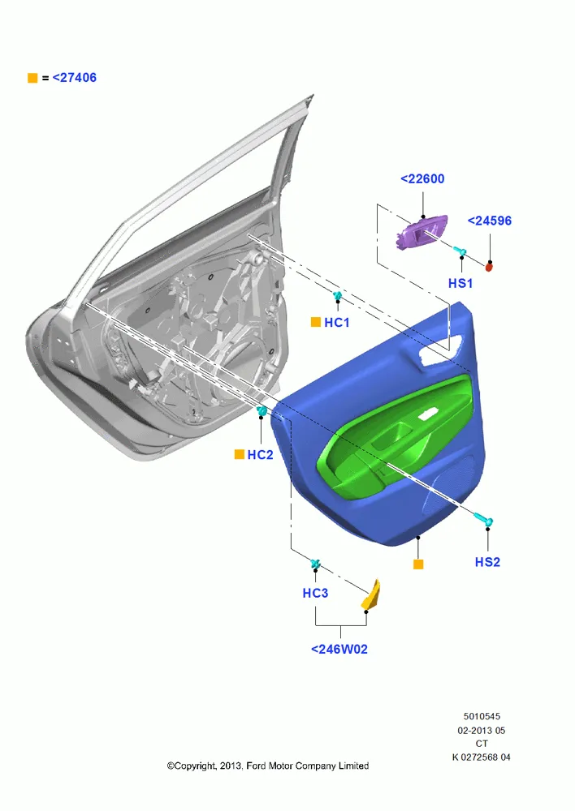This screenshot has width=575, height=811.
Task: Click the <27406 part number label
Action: coord(75,78)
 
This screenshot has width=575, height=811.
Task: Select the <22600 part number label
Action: coord(422,179)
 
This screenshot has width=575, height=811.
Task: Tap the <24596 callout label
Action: coord(490,221)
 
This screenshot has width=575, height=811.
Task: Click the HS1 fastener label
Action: coord(460,283)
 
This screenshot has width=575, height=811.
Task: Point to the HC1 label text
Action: coord(337,323)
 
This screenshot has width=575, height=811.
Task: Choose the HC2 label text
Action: coord(260,455)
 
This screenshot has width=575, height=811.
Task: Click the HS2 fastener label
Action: coord(487,562)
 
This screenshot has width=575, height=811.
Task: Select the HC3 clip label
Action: coord(315,594)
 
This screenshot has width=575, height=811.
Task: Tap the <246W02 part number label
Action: coord(339,649)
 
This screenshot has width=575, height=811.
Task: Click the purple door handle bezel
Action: coord(422,232)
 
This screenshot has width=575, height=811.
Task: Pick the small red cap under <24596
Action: coord(488,267)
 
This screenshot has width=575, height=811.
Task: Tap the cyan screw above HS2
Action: coord(484,519)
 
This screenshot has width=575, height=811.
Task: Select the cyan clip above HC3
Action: coord(315,564)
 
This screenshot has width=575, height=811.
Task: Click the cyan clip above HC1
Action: coord(338,296)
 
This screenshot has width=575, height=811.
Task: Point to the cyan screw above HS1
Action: coord(460,252)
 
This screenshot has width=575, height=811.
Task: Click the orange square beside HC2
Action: coord(240,454)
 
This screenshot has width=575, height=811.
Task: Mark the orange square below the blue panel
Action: coord(418,564)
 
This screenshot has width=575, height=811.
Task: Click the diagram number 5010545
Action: coord(482,717)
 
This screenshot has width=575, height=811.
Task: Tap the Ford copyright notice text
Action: coord(268,766)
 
